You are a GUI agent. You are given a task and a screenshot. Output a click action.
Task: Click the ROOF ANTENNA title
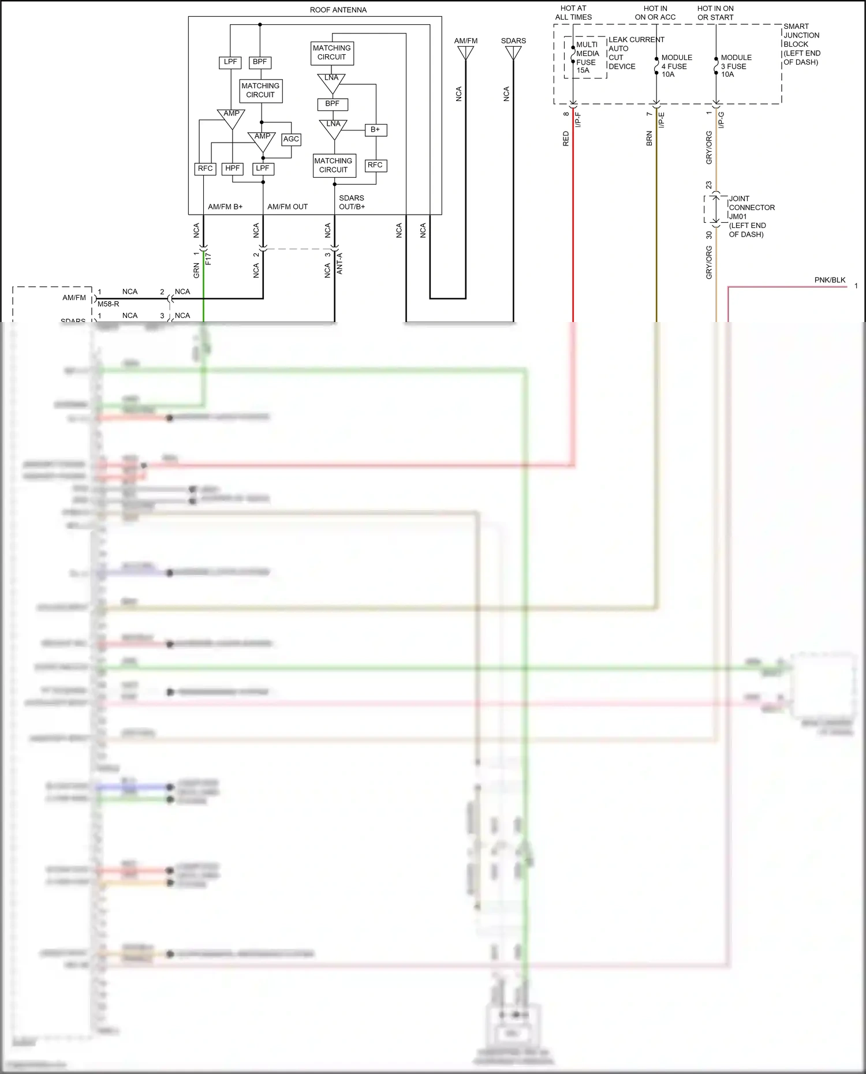[x=338, y=10]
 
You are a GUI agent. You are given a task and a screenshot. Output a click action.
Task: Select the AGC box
[x=291, y=139]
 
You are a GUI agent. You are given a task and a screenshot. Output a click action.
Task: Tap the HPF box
[x=232, y=169]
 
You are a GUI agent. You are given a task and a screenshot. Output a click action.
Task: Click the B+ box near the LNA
[x=375, y=130]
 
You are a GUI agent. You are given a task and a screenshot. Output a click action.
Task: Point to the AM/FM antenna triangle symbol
[x=465, y=53]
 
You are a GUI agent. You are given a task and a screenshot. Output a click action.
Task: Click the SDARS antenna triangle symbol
[x=513, y=53]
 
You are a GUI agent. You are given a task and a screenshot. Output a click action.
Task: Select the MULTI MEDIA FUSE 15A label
[x=587, y=57]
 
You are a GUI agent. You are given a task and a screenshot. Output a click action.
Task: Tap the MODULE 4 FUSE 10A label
[x=676, y=66]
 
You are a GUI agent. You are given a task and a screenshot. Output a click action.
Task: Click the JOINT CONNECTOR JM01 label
[x=751, y=208]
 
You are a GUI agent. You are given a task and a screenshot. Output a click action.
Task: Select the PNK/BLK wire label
[x=830, y=280]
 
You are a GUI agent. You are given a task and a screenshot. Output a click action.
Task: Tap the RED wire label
[x=566, y=139]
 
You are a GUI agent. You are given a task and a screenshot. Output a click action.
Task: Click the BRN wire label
[x=649, y=139]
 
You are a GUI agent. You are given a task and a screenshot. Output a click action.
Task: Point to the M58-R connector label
[x=109, y=304]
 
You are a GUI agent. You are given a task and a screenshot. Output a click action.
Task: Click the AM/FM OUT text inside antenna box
[x=288, y=207]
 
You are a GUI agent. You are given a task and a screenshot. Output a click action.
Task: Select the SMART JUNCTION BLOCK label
[x=801, y=44]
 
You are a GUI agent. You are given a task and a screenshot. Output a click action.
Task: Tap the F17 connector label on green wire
[x=208, y=259]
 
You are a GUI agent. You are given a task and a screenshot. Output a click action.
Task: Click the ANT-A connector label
[x=339, y=263]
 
